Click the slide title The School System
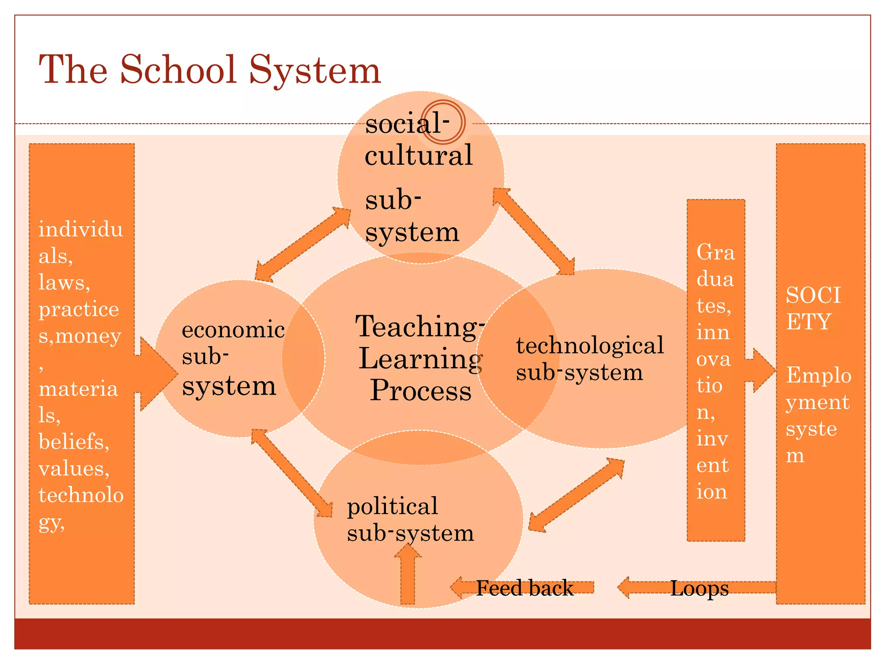tap(210, 70)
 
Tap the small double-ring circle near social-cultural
tap(443, 122)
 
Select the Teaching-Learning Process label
tap(420, 359)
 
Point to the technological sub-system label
tap(589, 359)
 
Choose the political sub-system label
tap(410, 519)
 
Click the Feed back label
tap(524, 588)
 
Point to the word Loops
tap(699, 588)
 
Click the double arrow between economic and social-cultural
tap(302, 245)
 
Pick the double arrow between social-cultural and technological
tap(534, 232)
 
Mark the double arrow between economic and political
tap(292, 473)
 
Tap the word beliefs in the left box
tap(74, 442)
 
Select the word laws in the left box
tap(64, 283)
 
